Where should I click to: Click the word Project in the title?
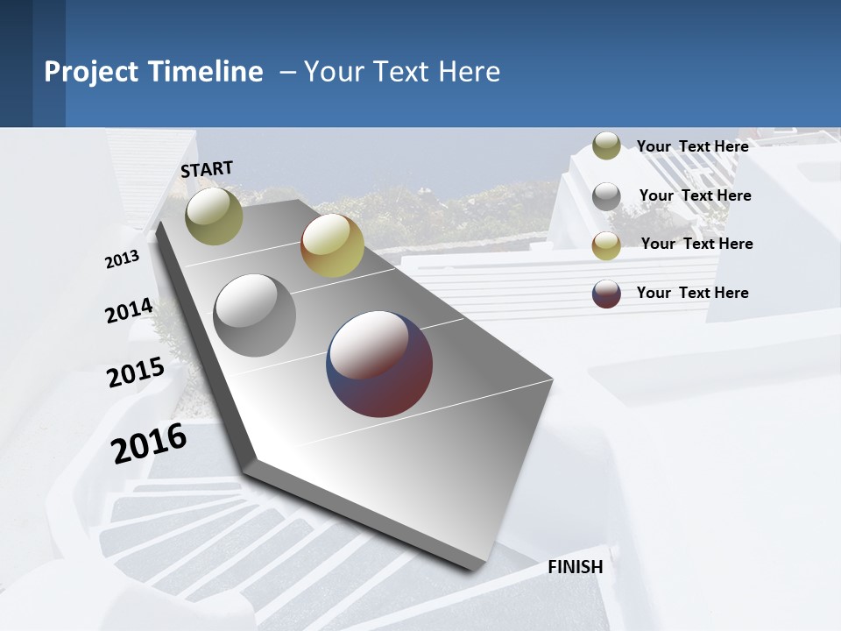[x=91, y=72]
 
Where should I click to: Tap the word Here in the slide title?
[x=469, y=72]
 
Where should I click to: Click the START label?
[x=207, y=169]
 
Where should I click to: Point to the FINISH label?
[x=576, y=567]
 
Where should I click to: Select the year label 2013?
[x=122, y=259]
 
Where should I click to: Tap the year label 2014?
[x=129, y=311]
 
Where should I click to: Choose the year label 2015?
[x=135, y=372]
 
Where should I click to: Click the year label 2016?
[x=149, y=443]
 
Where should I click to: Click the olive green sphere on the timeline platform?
[x=214, y=216]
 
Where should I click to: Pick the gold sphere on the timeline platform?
[x=332, y=245]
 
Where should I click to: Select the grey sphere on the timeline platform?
[x=255, y=315]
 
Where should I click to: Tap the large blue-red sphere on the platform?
[x=379, y=364]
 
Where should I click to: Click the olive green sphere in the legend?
[x=606, y=146]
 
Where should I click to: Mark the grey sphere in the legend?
[x=606, y=196]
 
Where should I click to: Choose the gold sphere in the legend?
[x=606, y=245]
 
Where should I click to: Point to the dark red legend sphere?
[x=606, y=294]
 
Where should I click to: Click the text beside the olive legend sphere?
[x=692, y=146]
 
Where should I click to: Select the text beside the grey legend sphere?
[x=695, y=195]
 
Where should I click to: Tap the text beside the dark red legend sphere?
[x=692, y=293]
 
